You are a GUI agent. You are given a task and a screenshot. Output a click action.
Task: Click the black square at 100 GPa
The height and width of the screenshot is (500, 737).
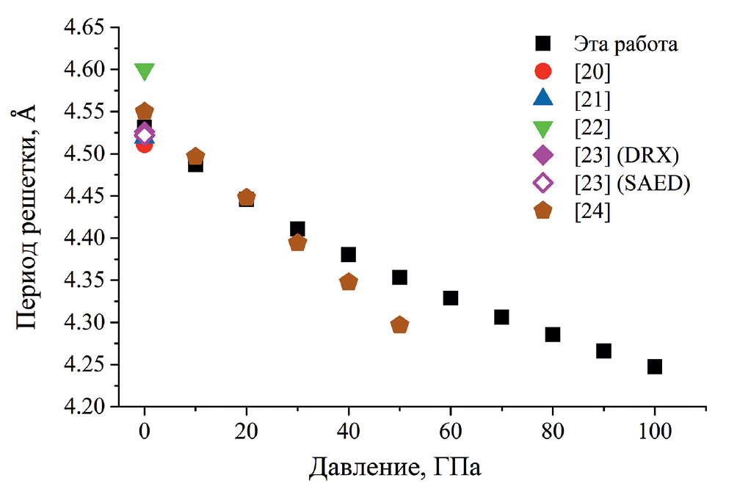(x=655, y=366)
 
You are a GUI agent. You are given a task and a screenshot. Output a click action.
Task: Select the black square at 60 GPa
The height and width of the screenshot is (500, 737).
(x=451, y=298)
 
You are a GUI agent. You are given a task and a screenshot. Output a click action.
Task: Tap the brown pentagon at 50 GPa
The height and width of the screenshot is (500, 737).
(x=399, y=325)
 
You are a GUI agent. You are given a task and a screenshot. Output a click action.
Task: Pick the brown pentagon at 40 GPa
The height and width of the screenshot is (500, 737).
(x=349, y=282)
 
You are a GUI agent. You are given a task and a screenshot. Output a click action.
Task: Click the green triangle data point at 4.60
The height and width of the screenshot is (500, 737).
(x=145, y=71)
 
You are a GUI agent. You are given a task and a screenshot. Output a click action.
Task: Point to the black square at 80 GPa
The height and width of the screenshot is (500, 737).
(x=553, y=335)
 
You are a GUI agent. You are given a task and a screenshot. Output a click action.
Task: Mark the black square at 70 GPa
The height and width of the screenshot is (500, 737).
(x=501, y=317)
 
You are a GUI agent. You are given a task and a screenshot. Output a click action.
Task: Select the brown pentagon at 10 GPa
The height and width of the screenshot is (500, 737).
(x=195, y=156)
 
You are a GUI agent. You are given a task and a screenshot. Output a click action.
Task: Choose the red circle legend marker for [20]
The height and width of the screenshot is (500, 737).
(x=542, y=71)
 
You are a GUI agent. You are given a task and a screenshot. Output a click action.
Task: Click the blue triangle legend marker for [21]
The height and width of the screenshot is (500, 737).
(x=542, y=98)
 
